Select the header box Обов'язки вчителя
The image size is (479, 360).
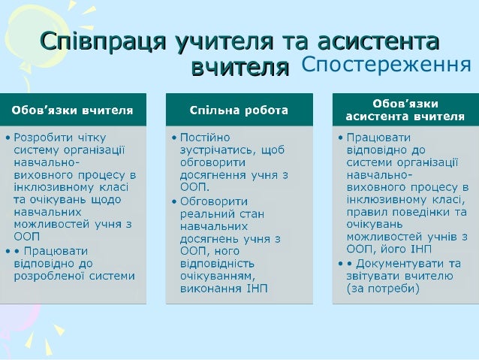(x=72, y=110)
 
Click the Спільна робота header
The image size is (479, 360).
(x=239, y=110)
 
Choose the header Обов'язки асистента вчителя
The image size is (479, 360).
(x=405, y=110)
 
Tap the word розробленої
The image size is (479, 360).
(x=50, y=276)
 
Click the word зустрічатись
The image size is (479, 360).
(x=217, y=150)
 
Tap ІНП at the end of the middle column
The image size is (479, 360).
(x=255, y=289)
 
